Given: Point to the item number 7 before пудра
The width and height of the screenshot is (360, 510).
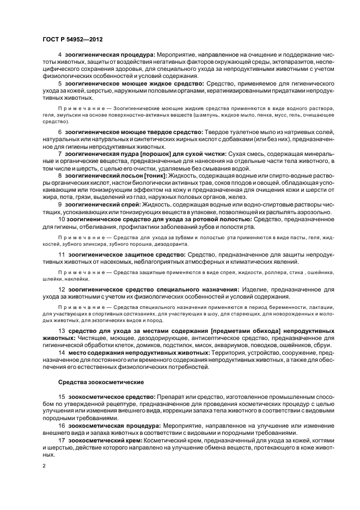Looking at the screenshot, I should [59, 155].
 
